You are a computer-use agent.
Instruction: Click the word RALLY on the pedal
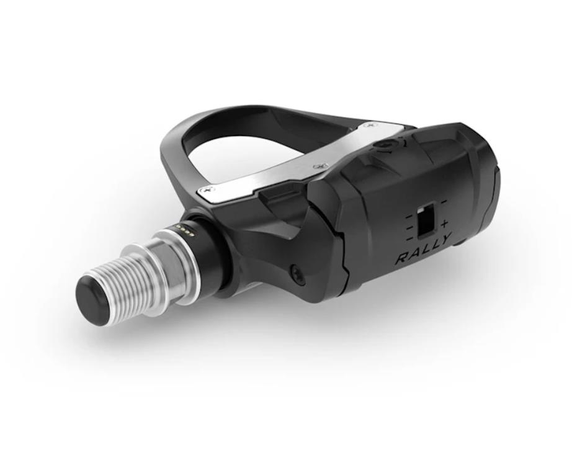pos(424,250)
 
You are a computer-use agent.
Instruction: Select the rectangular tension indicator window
pos(426,222)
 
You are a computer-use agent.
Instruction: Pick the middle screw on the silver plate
pos(320,167)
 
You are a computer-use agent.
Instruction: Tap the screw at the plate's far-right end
pos(370,125)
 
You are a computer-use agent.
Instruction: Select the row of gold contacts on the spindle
pos(185,230)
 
